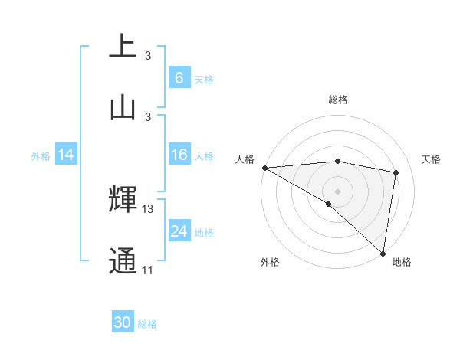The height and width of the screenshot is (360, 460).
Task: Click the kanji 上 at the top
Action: pyautogui.click(x=123, y=46)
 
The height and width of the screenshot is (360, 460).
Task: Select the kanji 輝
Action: pyautogui.click(x=123, y=199)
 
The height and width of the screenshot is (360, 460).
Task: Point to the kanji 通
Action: pyautogui.click(x=123, y=260)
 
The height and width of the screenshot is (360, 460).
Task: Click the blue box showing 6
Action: pyautogui.click(x=179, y=77)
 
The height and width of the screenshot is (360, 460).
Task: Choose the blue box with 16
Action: pyautogui.click(x=179, y=155)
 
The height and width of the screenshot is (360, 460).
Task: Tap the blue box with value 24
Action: pyautogui.click(x=179, y=231)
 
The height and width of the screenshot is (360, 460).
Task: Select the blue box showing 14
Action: pyautogui.click(x=66, y=155)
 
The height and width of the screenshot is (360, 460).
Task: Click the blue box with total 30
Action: pyautogui.click(x=123, y=322)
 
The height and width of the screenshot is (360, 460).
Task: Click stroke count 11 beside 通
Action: pyautogui.click(x=147, y=270)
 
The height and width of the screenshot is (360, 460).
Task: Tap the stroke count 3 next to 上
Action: pyautogui.click(x=147, y=56)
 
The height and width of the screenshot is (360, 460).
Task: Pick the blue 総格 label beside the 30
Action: pyautogui.click(x=147, y=324)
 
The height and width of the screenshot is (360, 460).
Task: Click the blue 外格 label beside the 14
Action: pyautogui.click(x=41, y=156)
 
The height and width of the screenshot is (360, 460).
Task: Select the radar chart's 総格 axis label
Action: pyautogui.click(x=337, y=100)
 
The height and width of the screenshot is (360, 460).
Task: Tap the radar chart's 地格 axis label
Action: pyautogui.click(x=402, y=262)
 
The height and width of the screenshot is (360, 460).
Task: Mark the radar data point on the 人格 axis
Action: pyautogui.click(x=264, y=168)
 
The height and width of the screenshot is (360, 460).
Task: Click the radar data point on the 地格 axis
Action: pyautogui.click(x=383, y=254)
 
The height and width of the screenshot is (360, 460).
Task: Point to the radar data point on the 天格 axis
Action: pyautogui.click(x=396, y=172)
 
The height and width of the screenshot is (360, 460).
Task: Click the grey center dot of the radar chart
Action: pyautogui.click(x=337, y=190)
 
